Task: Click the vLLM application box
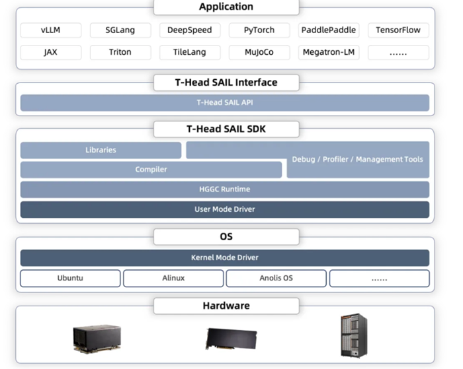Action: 50,30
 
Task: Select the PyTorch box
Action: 259,30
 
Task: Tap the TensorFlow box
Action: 398,30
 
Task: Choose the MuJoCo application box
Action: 259,52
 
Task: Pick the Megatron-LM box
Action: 329,52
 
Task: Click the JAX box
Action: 50,52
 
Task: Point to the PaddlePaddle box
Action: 329,30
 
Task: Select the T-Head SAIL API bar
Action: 225,102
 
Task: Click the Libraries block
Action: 101,150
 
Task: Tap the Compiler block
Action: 151,170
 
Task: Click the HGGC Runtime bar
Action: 225,189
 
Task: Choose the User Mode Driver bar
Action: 225,209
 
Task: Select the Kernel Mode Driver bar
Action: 225,257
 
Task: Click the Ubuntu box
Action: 70,278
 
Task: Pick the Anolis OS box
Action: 276,278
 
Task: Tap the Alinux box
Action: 173,278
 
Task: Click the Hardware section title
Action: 226,306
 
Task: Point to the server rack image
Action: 354,335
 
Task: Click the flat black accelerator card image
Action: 232,339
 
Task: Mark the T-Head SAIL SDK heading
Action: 226,129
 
